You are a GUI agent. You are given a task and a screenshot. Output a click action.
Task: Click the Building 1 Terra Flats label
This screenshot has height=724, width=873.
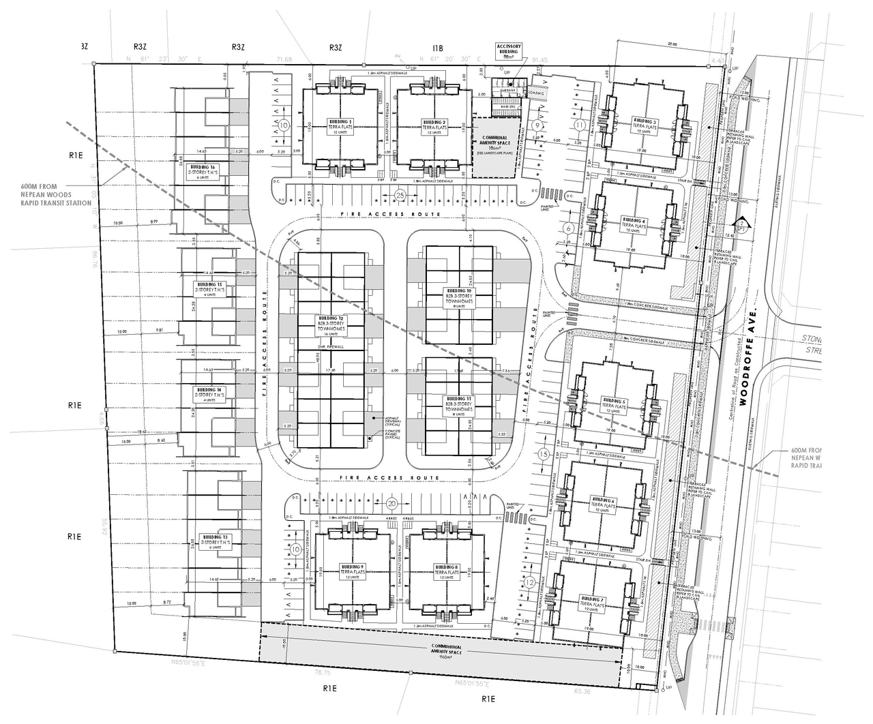pos(341,127)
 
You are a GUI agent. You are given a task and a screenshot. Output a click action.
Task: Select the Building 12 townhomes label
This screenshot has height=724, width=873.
pos(331,326)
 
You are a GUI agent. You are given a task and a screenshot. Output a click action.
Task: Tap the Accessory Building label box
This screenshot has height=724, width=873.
pos(508,50)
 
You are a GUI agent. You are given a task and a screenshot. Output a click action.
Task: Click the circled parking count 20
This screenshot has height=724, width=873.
pos(391,504)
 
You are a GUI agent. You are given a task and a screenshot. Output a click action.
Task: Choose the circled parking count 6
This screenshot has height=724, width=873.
pos(569,229)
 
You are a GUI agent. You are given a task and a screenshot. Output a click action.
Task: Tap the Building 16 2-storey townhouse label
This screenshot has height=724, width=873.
pos(203,170)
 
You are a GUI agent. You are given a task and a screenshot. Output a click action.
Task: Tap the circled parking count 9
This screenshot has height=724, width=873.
pos(538,125)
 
